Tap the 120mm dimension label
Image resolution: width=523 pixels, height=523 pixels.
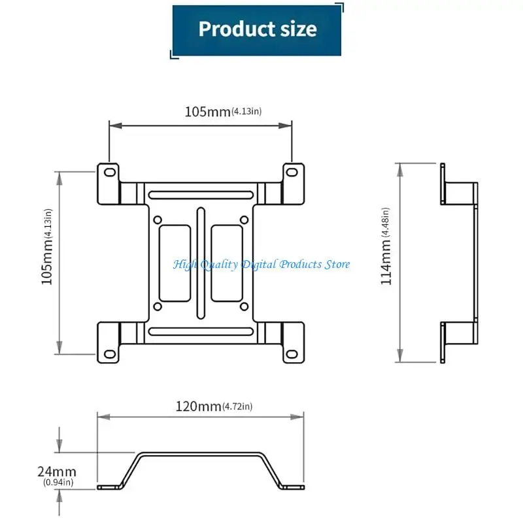(x=198, y=406)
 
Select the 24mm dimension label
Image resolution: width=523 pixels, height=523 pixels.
(x=57, y=471)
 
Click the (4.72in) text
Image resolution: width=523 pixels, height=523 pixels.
(x=237, y=406)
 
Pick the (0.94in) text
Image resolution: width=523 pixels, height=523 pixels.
(x=58, y=482)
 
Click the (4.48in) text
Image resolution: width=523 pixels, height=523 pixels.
(x=385, y=222)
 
